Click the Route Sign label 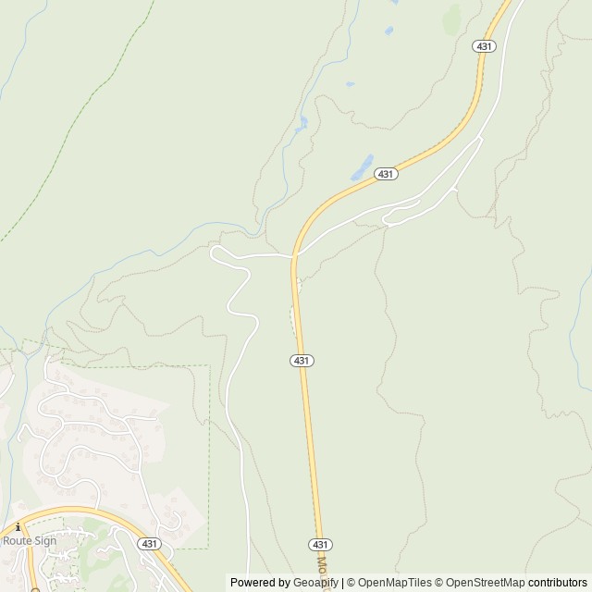coord(30,540)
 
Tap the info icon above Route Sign coord(18,526)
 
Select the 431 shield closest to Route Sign coord(149,544)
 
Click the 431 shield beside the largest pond coord(386,173)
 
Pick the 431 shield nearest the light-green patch coord(483,45)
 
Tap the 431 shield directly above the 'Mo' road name coord(317,544)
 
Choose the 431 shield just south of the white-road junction coord(301,359)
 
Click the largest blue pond coord(361,167)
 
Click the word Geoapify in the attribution coord(315,583)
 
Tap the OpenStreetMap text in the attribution coord(482,583)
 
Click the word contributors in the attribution coord(558,583)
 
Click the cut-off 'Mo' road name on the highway coord(321,565)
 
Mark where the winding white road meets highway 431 coord(294,254)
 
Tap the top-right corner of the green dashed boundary coord(210,365)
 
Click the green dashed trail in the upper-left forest coord(74,139)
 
